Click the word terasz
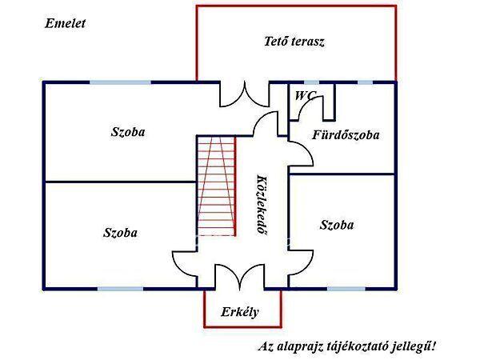[308, 41]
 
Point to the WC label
[305, 95]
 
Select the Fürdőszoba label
[346, 134]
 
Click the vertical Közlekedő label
[261, 203]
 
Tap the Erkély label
[240, 312]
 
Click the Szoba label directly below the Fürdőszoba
[336, 225]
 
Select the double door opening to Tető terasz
[238, 94]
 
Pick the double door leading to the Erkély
[238, 276]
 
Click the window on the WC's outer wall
[311, 82]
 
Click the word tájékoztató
[363, 346]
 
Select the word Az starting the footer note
[265, 346]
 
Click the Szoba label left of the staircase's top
[128, 132]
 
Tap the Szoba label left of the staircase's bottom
[120, 233]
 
